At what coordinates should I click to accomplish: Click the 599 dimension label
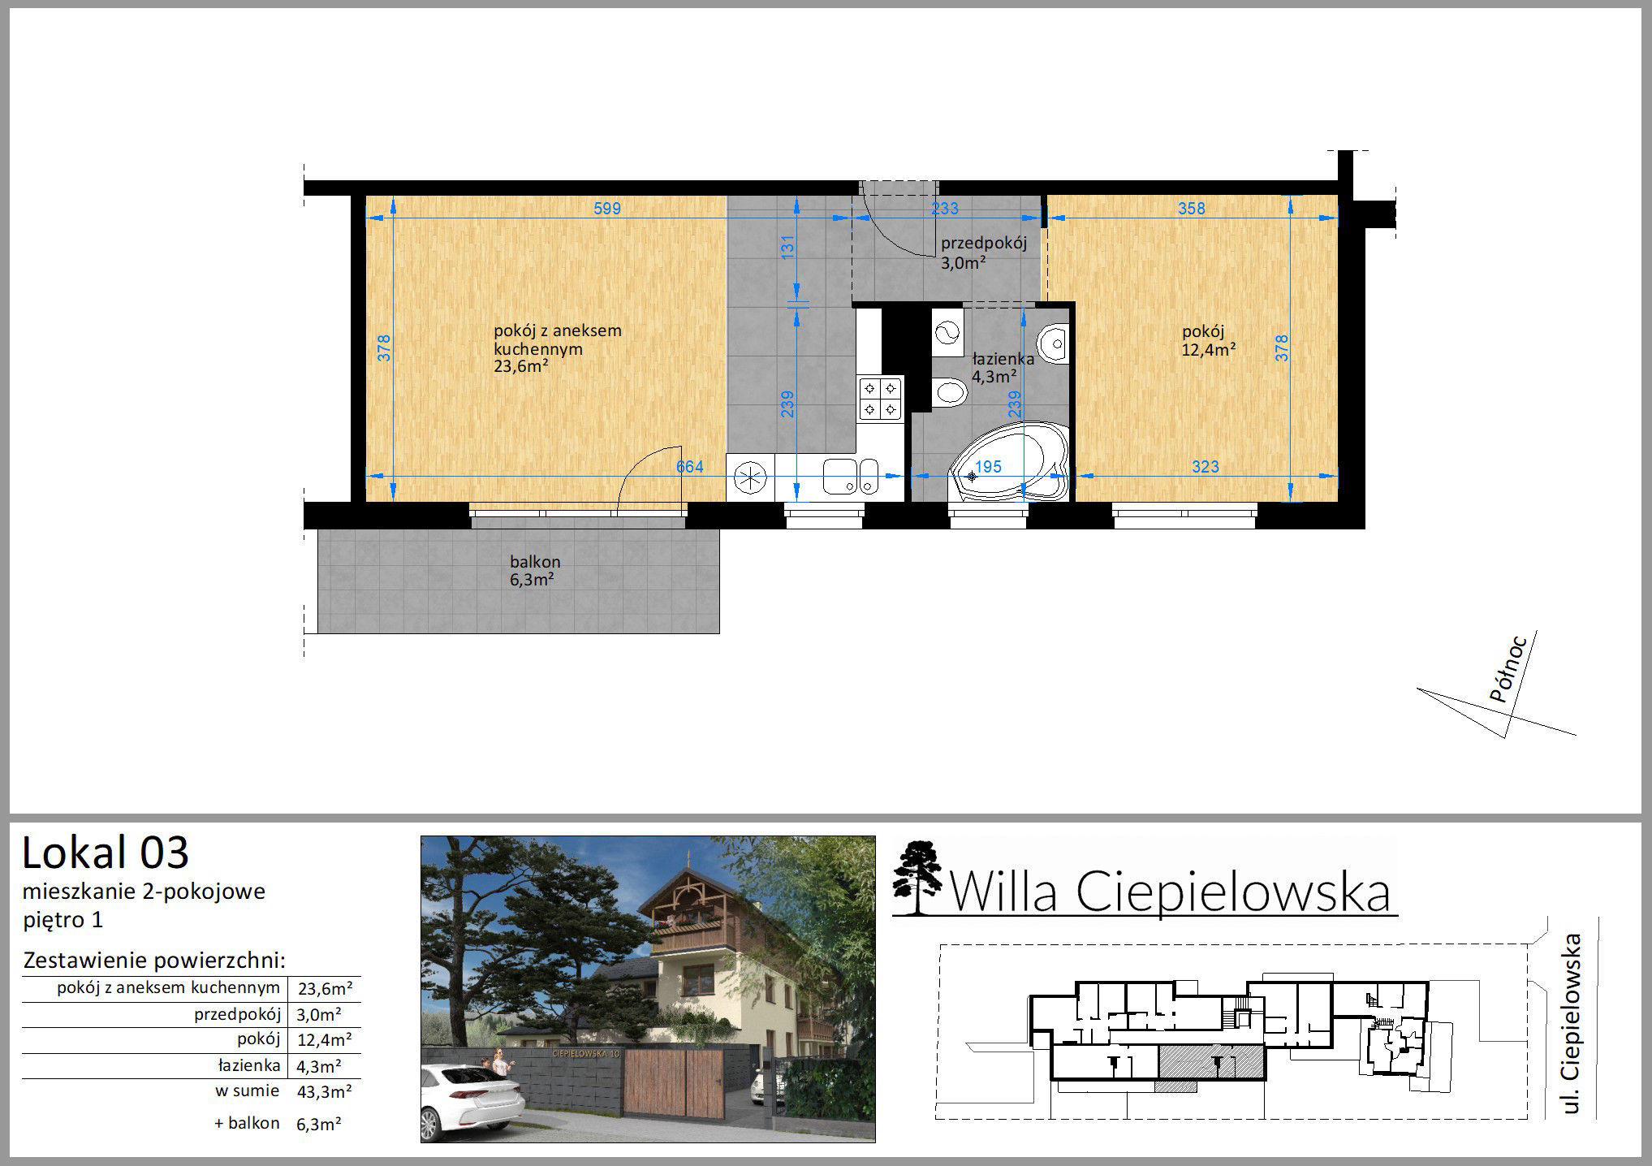[607, 209]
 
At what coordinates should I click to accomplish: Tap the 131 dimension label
[787, 249]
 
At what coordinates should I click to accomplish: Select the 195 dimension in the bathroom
[988, 467]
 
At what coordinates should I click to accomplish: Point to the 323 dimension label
[1206, 467]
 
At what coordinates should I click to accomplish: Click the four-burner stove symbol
[881, 399]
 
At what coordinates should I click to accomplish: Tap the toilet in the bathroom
[948, 393]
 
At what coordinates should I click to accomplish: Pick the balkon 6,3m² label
[534, 570]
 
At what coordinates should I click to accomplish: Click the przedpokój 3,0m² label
[983, 253]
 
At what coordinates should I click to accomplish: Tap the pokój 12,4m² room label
[1209, 340]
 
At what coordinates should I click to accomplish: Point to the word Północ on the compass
[1509, 669]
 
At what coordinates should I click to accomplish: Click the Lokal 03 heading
[106, 853]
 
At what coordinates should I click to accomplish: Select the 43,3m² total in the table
[325, 1092]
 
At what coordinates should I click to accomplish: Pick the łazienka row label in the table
[249, 1065]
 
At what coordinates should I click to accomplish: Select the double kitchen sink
[851, 476]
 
